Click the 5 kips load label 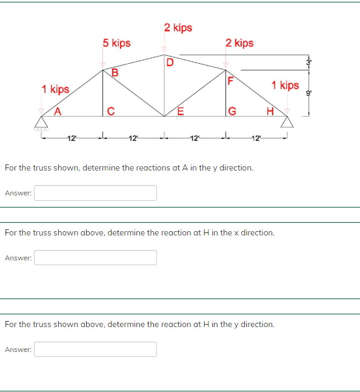pyautogui.click(x=116, y=43)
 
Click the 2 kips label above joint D pyautogui.click(x=178, y=28)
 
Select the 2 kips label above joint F pyautogui.click(x=239, y=43)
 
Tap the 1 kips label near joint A pyautogui.click(x=55, y=90)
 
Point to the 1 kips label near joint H pyautogui.click(x=285, y=85)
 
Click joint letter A pyautogui.click(x=58, y=110)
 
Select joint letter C pyautogui.click(x=110, y=110)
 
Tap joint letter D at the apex pyautogui.click(x=170, y=62)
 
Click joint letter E pyautogui.click(x=179, y=110)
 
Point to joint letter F pyautogui.click(x=230, y=80)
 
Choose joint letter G pyautogui.click(x=232, y=110)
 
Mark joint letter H pyautogui.click(x=270, y=110)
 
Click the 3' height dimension pyautogui.click(x=308, y=63)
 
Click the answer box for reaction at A pyautogui.click(x=95, y=193)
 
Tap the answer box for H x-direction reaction pyautogui.click(x=95, y=258)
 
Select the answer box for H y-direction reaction pyautogui.click(x=95, y=349)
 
